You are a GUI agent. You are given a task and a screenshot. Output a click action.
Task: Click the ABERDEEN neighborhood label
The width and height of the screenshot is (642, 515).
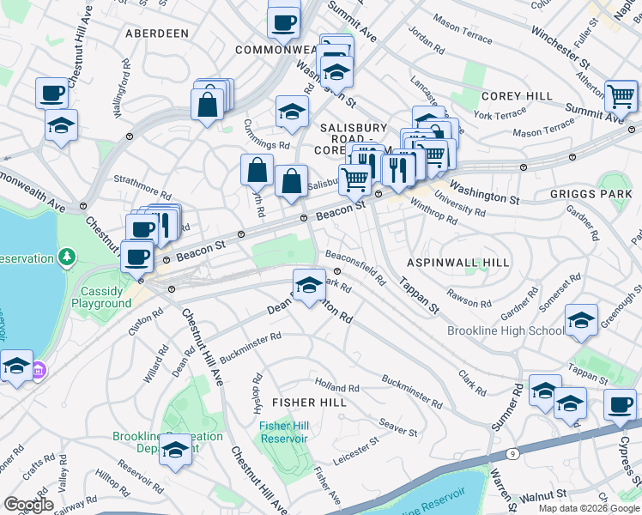point(156,33)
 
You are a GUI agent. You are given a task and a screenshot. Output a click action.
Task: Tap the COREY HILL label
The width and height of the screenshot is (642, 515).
point(510,96)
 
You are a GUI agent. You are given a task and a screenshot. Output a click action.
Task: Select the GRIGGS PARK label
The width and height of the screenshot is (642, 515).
point(590,195)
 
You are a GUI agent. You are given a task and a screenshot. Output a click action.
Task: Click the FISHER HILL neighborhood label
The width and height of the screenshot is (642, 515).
point(309,402)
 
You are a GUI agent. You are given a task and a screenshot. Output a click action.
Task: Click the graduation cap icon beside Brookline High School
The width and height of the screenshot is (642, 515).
point(581,322)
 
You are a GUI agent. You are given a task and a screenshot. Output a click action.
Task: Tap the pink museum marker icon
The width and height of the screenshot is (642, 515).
point(39,372)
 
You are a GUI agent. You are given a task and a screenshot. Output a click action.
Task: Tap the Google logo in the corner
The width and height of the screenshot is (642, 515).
point(28,505)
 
